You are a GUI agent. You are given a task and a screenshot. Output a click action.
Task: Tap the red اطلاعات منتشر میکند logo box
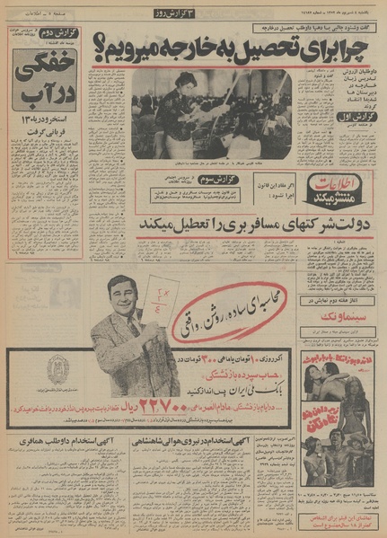[x=333, y=189]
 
